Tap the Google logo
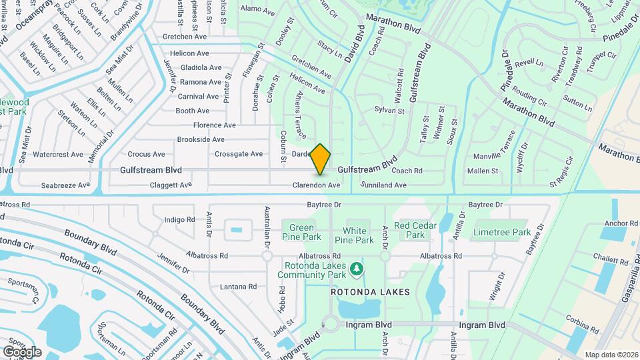22,351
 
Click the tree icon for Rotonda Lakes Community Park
358,269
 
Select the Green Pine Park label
302,232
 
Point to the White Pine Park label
354,235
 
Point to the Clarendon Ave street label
317,185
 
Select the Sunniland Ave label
383,184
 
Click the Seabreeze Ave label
65,185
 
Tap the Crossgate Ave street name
239,154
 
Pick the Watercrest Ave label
58,154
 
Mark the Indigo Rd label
179,219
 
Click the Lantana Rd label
238,287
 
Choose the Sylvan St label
390,109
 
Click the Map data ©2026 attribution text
611,354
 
